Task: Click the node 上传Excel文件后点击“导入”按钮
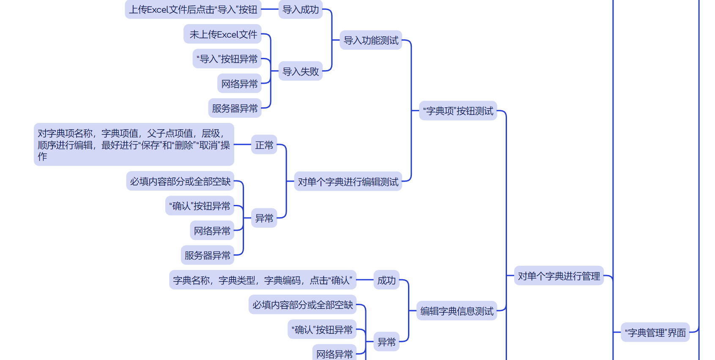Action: point(193,9)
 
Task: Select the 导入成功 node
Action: point(300,9)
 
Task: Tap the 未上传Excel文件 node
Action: point(223,34)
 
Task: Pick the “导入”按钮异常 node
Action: point(227,59)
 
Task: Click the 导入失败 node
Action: point(300,71)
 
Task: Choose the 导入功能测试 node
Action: point(371,40)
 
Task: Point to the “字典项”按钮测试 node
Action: point(458,111)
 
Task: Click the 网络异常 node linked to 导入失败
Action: point(239,84)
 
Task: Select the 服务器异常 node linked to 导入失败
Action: point(235,108)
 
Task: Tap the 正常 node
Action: point(264,145)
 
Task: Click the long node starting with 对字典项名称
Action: point(134,145)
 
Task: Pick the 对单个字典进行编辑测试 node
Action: point(348,182)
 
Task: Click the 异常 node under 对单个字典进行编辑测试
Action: point(264,218)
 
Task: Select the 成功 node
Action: point(386,280)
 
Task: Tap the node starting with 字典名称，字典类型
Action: point(263,280)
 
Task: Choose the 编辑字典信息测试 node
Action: point(457,311)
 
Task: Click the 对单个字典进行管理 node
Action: point(559,276)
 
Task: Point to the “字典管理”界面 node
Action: point(655,333)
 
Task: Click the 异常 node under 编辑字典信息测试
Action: point(386,341)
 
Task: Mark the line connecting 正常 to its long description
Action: point(242,145)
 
